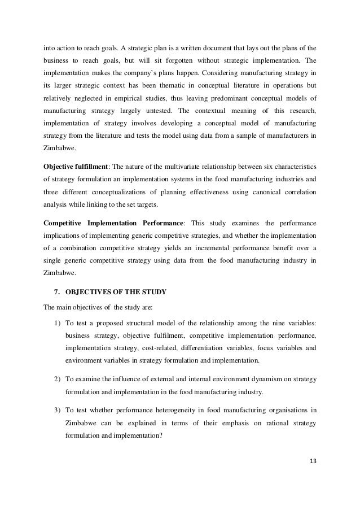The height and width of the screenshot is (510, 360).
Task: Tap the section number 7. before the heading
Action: pos(55,292)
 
